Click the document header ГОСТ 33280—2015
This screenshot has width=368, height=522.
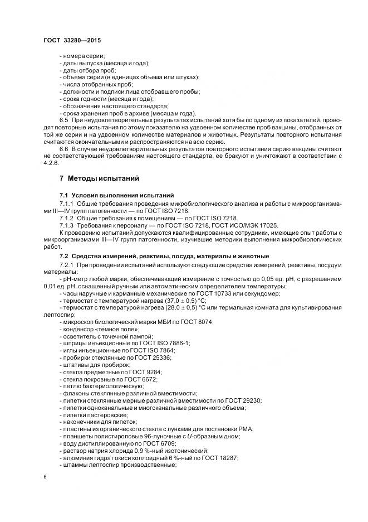coord(72,40)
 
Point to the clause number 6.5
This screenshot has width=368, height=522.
coord(63,120)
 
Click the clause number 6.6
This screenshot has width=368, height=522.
coord(63,149)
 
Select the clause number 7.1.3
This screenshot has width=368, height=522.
coord(67,224)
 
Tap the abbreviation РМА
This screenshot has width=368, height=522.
coord(246,429)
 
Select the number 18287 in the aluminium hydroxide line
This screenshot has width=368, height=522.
coord(227,458)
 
